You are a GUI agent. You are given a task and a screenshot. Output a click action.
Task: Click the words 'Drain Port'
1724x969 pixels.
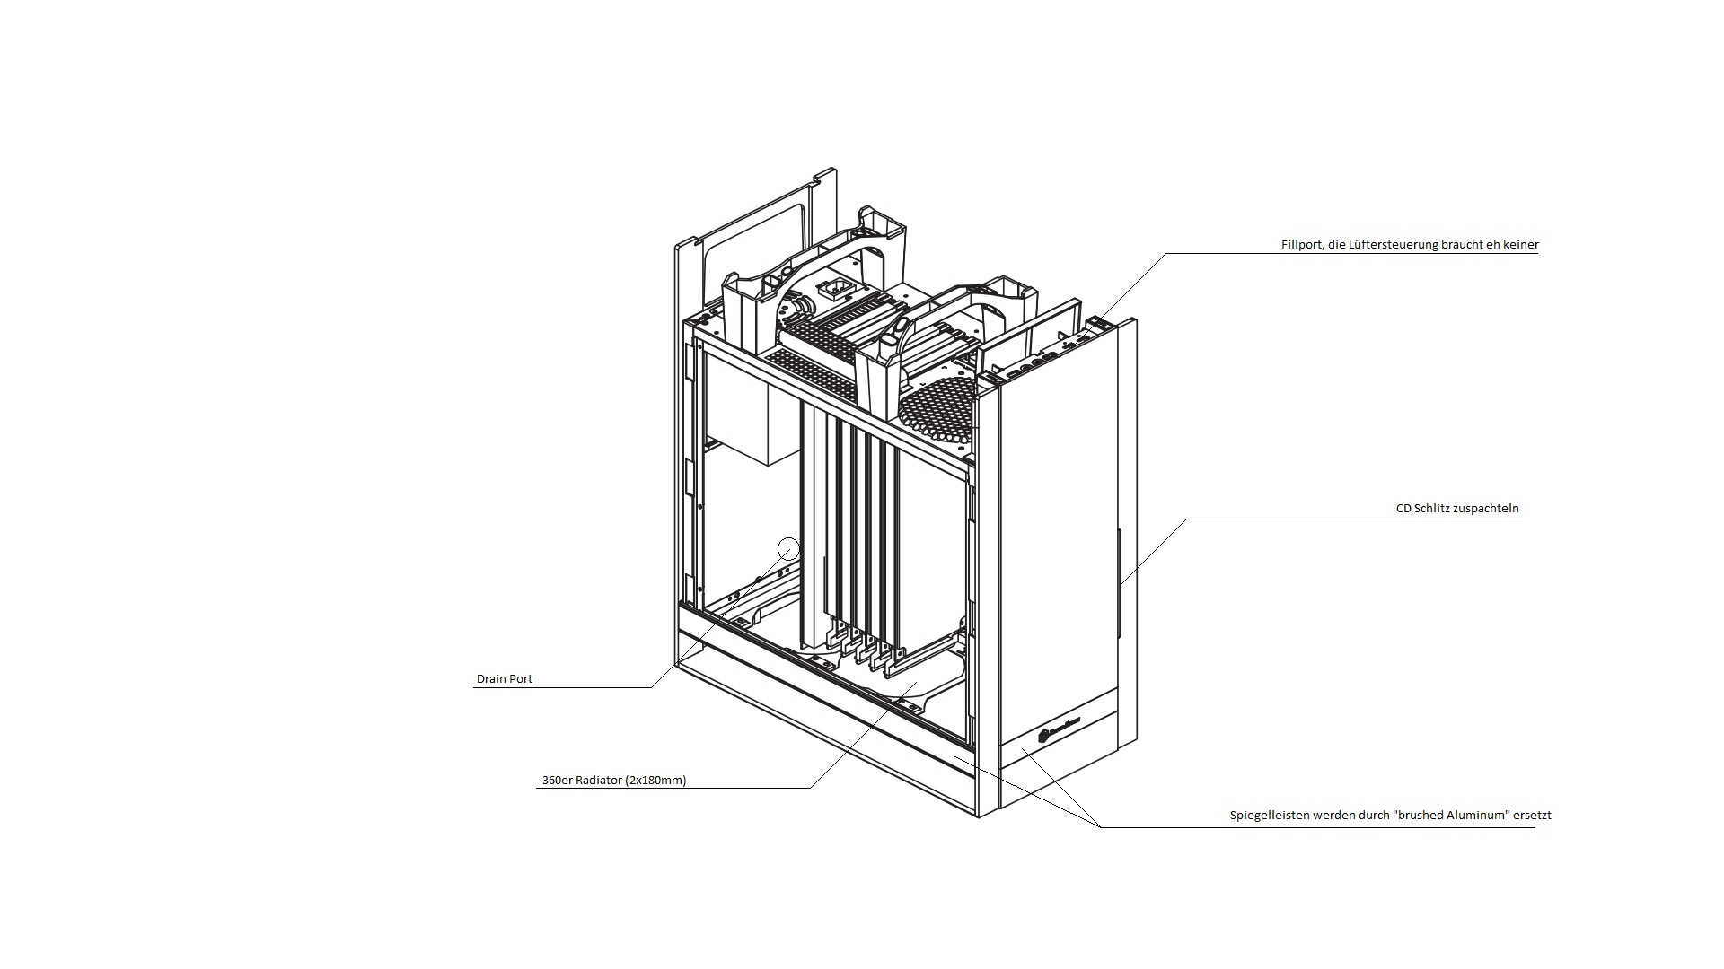[504, 679]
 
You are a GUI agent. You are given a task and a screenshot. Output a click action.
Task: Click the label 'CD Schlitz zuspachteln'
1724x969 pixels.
[1457, 509]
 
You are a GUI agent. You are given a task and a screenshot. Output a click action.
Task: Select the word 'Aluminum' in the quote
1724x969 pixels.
[1479, 816]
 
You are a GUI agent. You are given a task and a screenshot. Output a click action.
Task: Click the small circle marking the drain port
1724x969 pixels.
[788, 547]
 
